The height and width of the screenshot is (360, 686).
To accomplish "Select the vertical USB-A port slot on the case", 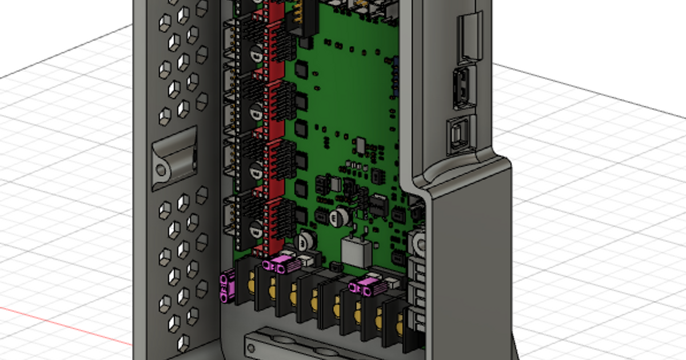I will pos(461,88).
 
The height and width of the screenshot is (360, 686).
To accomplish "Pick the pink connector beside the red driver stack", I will pos(280,265).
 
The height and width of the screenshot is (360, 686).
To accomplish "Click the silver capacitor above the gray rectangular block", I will pos(342,215).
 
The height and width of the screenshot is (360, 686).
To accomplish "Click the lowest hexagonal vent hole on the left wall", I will pos(184,343).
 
